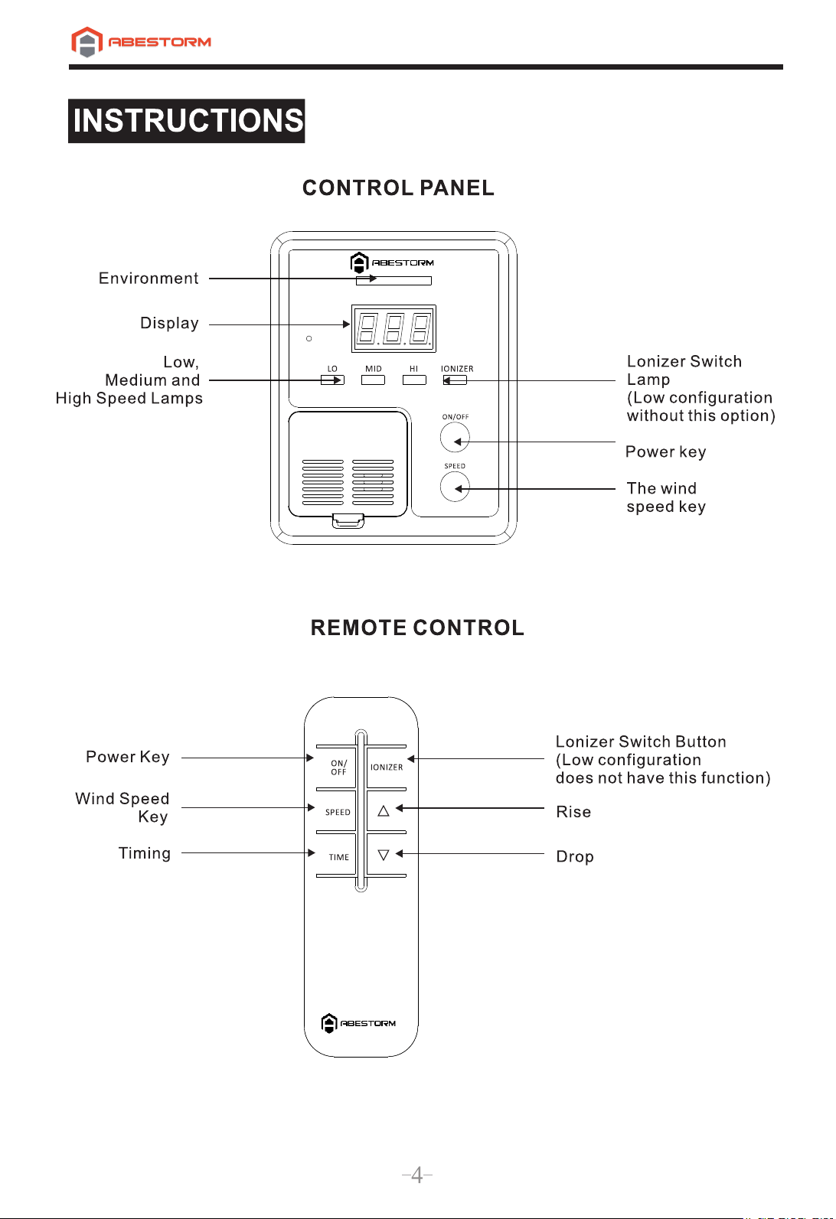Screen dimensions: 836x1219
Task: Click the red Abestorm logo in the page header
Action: coord(141,42)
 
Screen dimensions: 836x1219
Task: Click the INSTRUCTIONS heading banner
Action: coord(186,121)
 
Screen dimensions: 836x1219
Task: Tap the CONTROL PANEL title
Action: coord(398,187)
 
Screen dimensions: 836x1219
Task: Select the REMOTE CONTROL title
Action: coord(417,627)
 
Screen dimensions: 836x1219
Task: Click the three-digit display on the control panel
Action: coord(394,328)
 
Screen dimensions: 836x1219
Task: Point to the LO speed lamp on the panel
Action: coord(332,380)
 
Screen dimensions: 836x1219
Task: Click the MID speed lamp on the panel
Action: coord(373,380)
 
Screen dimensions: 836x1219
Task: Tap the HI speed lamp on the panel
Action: coord(414,380)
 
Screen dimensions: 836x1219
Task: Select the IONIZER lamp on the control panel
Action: coord(455,380)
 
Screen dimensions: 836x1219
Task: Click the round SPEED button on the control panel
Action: coord(455,487)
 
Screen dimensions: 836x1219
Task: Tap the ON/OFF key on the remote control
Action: coord(338,768)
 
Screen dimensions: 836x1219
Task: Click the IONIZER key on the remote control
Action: coord(387,768)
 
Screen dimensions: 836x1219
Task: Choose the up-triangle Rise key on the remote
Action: coord(384,811)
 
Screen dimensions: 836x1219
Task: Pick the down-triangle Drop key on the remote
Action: coord(384,855)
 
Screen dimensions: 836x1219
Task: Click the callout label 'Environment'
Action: coord(149,278)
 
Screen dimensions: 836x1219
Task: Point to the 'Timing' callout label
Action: coord(144,852)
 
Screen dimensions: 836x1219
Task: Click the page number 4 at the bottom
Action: coord(417,1175)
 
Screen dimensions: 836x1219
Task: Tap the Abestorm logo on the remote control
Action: coord(358,1023)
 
